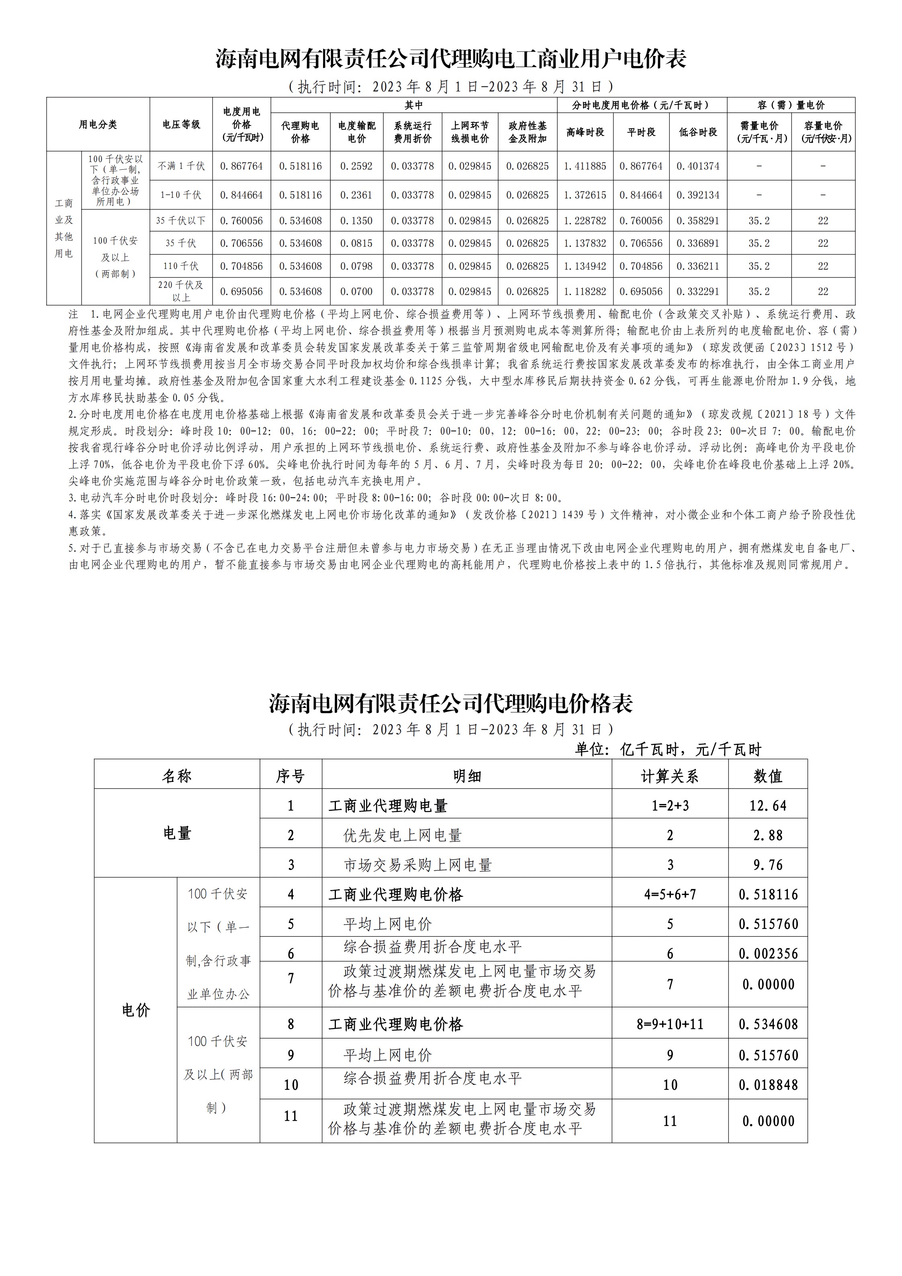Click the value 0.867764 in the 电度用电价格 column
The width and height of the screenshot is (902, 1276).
point(241,166)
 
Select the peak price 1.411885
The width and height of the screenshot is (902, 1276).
point(585,166)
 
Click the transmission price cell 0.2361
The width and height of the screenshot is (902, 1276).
point(356,195)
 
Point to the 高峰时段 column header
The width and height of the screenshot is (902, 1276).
point(585,132)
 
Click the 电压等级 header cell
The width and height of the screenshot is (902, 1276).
point(181,125)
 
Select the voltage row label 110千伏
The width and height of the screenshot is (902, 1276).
point(181,266)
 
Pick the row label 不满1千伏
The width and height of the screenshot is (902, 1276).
point(181,166)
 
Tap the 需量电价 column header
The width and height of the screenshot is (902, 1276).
point(759,132)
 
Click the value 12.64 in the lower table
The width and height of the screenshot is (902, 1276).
point(767,806)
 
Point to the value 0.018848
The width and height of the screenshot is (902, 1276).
point(767,1085)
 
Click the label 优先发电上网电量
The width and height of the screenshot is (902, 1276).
point(403,836)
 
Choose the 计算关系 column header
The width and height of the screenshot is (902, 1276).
point(670,776)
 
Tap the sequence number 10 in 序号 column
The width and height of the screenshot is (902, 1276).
point(291,1085)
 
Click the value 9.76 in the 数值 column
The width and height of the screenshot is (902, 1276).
point(767,865)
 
